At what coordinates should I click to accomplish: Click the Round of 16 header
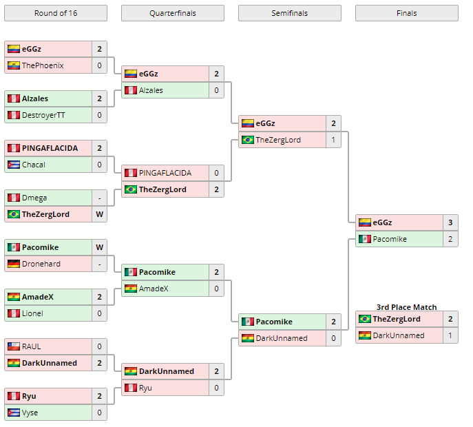55,13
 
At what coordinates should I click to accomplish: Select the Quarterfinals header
172,13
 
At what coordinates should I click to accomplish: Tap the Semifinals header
289,13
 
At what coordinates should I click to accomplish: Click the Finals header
406,13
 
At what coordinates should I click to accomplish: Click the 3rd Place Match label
406,307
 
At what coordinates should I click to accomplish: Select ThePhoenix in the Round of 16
43,65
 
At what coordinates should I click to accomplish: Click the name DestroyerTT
43,115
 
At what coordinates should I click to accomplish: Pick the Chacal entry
34,165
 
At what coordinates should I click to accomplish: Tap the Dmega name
34,198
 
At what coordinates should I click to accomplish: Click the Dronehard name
41,264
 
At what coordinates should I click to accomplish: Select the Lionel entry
32,313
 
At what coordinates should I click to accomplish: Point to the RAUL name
32,346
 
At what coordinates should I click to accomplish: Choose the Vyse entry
31,413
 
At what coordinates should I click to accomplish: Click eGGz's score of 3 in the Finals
450,222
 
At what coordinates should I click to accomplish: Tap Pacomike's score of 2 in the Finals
450,239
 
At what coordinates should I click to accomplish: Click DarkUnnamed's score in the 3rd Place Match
450,335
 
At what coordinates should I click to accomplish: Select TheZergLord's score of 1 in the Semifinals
333,140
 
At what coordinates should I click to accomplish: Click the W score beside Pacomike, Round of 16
99,247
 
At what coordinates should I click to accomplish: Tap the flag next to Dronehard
13,264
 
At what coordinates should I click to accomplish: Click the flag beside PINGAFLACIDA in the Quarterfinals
130,173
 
